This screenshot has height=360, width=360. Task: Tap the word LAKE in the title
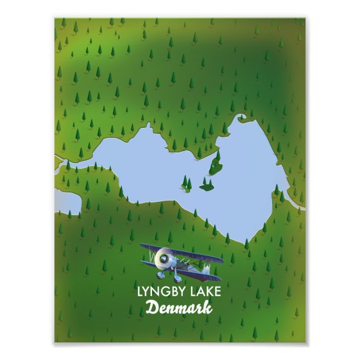206,291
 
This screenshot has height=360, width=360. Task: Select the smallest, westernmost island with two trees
187,183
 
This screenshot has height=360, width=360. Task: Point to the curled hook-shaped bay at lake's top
244,119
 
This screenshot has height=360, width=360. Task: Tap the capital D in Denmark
151,307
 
